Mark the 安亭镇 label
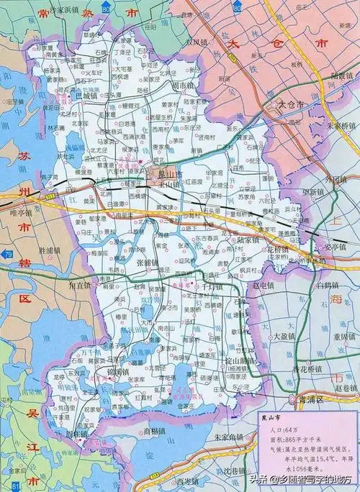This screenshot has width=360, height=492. (334, 245)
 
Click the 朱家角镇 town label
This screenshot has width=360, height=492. (231, 437)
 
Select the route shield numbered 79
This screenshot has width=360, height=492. (8, 255)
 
